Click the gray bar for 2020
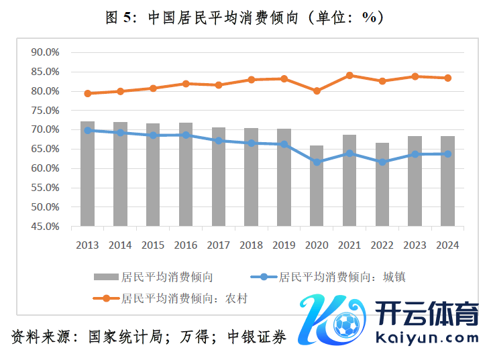317,186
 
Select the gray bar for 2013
87,174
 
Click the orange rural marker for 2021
349,75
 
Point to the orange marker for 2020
317,91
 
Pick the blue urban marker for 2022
382,162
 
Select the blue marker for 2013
87,130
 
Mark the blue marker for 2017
219,141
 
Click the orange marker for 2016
186,84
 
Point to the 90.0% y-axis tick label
46,52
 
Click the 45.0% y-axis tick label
46,227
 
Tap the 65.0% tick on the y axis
46,149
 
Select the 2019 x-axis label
284,245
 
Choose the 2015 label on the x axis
153,245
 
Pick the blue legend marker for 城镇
264,276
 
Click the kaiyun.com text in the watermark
427,338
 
